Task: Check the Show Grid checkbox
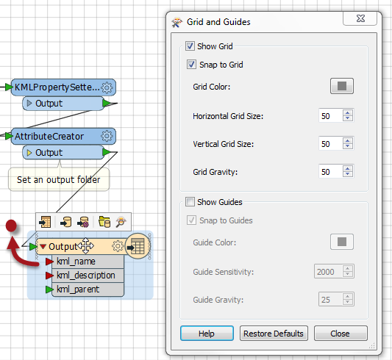tap(190, 46)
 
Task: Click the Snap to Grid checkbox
tap(191, 65)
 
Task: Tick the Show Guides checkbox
tap(190, 202)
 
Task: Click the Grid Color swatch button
tap(342, 86)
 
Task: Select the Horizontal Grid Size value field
tap(330, 116)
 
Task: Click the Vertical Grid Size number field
tap(330, 144)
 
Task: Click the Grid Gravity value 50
tap(326, 172)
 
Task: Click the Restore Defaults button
tap(274, 334)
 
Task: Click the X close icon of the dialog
tap(360, 18)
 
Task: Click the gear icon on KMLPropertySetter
tap(107, 87)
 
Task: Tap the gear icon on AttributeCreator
tap(107, 136)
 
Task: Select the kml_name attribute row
tap(88, 262)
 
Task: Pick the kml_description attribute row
tap(88, 276)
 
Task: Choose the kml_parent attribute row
tap(88, 289)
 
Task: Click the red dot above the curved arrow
tap(11, 226)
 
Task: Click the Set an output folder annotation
tap(59, 179)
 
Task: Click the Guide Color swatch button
tap(342, 242)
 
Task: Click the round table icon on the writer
tap(138, 246)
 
